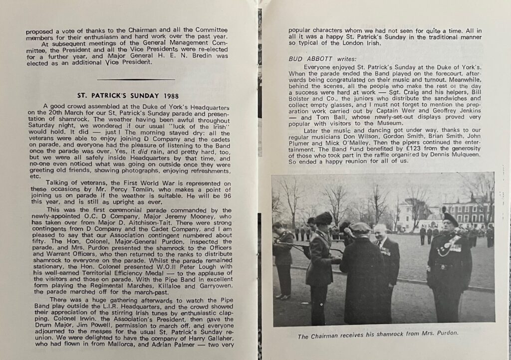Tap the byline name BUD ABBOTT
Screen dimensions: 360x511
pyautogui.click(x=310, y=58)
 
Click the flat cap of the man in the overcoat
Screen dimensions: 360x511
pyautogui.click(x=360, y=227)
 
